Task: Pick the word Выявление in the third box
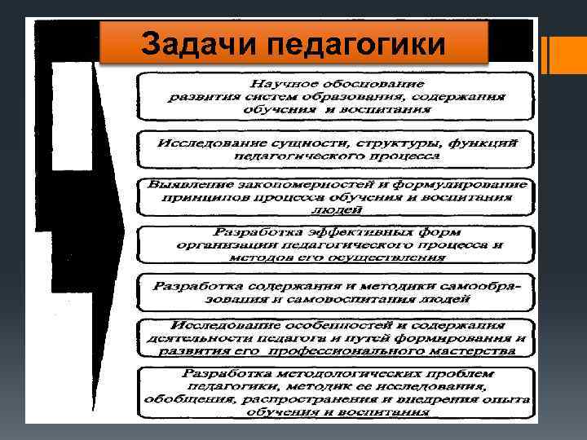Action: [184, 184]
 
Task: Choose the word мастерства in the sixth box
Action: [472, 351]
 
